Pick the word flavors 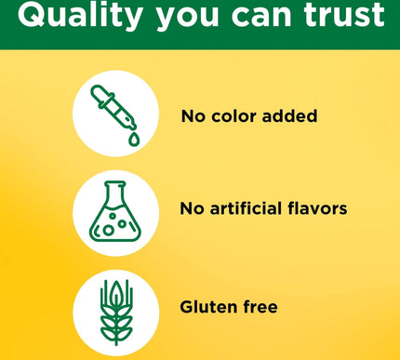click(315, 208)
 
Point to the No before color click(193, 116)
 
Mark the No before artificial click(192, 208)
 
